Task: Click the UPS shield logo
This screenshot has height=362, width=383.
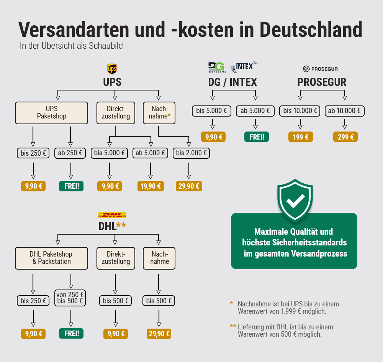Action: pos(112,69)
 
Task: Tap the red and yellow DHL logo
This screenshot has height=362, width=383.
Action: pos(112,215)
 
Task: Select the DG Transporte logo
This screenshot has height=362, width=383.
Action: pos(217,67)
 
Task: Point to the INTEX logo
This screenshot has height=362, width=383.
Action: pos(244,67)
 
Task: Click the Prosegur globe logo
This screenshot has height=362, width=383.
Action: pos(306,69)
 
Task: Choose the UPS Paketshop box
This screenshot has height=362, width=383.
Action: pos(51,113)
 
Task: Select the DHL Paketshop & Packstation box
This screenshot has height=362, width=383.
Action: pos(51,258)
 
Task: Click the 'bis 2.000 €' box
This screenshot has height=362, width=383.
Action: pos(191,153)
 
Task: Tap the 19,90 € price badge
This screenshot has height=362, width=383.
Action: pos(151,186)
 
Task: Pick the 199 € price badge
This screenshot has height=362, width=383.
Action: pos(300,137)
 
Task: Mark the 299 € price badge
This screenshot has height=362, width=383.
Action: pos(345,137)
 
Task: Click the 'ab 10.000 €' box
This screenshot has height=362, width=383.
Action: pos(344,111)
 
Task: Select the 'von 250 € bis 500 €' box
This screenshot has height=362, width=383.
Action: pos(70,298)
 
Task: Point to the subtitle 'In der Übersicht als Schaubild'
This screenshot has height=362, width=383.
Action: pos(71,46)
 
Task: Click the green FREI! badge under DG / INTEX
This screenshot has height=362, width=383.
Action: pos(257,137)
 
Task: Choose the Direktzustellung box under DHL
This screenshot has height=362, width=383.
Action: pos(115,258)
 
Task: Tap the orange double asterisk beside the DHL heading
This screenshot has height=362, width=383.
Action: pos(121,225)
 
